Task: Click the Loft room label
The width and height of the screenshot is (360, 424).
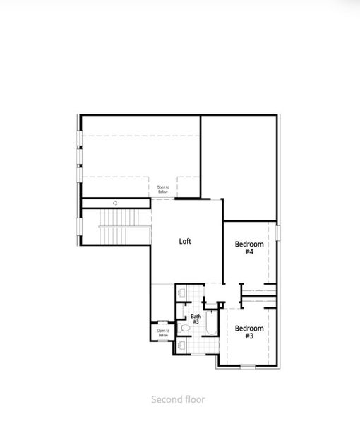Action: pyautogui.click(x=185, y=241)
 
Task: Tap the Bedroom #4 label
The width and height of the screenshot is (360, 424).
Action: pyautogui.click(x=249, y=248)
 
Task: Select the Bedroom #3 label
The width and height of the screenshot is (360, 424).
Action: pyautogui.click(x=249, y=332)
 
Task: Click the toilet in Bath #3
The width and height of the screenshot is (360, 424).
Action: pyautogui.click(x=184, y=328)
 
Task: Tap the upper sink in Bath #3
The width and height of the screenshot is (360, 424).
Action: pyautogui.click(x=181, y=290)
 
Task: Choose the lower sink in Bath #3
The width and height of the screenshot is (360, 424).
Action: pyautogui.click(x=181, y=346)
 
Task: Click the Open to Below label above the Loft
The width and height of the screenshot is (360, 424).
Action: pyautogui.click(x=163, y=189)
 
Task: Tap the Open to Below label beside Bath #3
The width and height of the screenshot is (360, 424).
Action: pyautogui.click(x=162, y=333)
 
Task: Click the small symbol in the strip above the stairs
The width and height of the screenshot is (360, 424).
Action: pyautogui.click(x=115, y=203)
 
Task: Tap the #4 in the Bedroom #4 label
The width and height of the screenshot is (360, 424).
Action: pyautogui.click(x=249, y=252)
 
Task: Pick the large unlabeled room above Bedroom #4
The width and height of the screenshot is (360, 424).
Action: pyautogui.click(x=238, y=167)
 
